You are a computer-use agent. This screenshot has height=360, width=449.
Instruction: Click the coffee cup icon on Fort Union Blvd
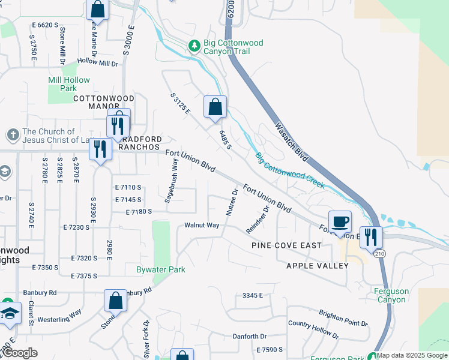(x=340, y=221)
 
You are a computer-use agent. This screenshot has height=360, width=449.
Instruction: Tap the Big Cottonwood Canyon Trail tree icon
(x=194, y=45)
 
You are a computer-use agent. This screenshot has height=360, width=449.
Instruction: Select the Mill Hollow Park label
(x=69, y=84)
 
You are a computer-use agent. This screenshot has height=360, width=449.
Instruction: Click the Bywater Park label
(x=160, y=269)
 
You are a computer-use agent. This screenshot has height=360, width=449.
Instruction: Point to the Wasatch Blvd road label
(x=292, y=142)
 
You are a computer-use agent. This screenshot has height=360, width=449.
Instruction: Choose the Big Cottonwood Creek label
(x=290, y=170)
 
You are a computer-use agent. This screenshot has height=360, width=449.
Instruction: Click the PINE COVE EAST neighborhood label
(x=286, y=245)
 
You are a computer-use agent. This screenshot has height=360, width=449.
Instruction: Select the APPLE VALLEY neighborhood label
(x=317, y=265)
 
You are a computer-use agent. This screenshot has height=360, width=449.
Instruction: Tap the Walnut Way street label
(x=202, y=226)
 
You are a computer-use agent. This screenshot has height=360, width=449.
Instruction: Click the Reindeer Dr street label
(x=258, y=220)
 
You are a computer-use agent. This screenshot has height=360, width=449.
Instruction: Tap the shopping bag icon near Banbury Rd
(x=115, y=301)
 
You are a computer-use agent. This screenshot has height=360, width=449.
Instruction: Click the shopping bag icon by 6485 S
(x=215, y=107)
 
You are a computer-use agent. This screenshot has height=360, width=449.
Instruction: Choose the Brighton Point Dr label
(x=343, y=318)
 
